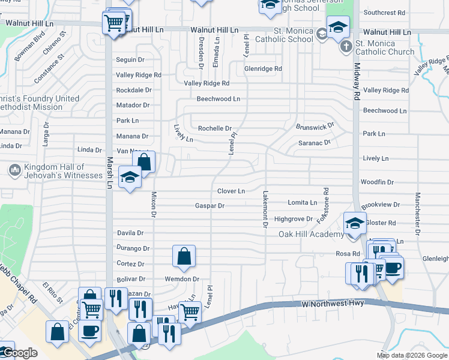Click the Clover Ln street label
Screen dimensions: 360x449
(x=231, y=191)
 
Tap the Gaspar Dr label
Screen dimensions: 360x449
(x=209, y=206)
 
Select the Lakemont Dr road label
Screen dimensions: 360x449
(x=264, y=209)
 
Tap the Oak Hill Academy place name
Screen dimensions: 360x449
(x=303, y=234)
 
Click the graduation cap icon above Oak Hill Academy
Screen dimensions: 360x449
(x=355, y=223)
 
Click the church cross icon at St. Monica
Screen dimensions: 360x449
(x=346, y=47)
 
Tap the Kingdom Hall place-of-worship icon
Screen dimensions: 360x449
(x=14, y=170)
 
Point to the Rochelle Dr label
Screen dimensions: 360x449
(x=215, y=128)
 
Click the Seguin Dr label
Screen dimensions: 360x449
(x=130, y=59)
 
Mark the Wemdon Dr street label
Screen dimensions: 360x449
(x=183, y=279)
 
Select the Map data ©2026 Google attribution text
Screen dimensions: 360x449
(x=412, y=355)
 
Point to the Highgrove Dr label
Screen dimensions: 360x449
(x=294, y=220)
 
